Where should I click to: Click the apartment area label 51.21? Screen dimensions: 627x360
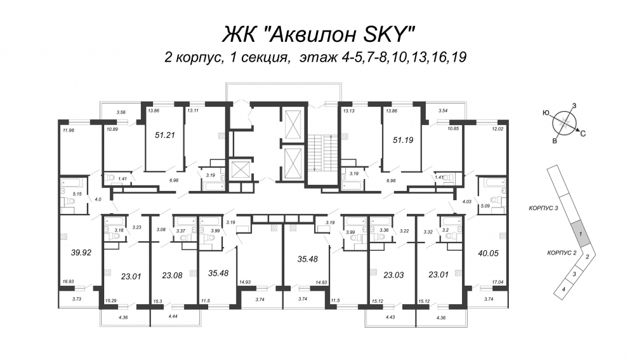165,135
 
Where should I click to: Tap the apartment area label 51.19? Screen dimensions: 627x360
403,140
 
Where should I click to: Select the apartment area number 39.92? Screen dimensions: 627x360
81,253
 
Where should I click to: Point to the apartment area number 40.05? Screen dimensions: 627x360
488,253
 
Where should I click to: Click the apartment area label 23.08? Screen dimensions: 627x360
173,275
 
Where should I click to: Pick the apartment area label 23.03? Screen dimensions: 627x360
393,275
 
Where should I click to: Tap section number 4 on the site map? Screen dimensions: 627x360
564,289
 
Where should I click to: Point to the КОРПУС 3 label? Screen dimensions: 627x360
543,208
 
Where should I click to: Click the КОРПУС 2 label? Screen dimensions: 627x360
562,253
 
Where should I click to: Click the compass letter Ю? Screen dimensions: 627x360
546,113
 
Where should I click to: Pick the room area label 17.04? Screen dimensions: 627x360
498,282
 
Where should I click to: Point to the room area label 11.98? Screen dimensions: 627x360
69,130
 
